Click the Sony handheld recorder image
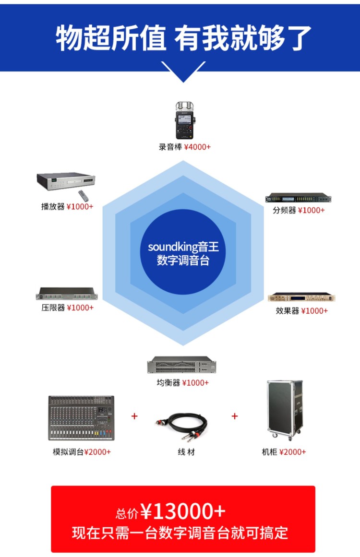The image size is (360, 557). click(x=185, y=120)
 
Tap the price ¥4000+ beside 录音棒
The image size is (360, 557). click(x=197, y=147)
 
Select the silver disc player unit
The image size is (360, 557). click(x=66, y=181)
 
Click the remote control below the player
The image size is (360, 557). click(x=83, y=196)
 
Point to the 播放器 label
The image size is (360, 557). click(x=53, y=207)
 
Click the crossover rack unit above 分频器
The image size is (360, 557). click(x=298, y=198)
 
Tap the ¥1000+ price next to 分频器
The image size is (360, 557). click(x=312, y=210)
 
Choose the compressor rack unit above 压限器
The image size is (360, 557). click(x=66, y=294)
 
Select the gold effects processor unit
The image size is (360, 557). click(x=301, y=297)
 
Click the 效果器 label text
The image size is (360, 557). click(x=288, y=311)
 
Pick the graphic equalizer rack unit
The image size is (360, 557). click(x=181, y=365)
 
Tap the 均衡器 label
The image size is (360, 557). click(x=168, y=383)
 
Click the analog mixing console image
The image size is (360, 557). click(x=82, y=418)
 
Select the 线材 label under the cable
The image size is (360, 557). click(x=186, y=452)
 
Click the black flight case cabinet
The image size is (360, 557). click(x=285, y=410)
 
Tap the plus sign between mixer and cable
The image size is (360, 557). click(x=134, y=416)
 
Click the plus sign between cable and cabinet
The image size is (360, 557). click(x=235, y=416)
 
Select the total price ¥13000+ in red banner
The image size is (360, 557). click(x=183, y=511)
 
